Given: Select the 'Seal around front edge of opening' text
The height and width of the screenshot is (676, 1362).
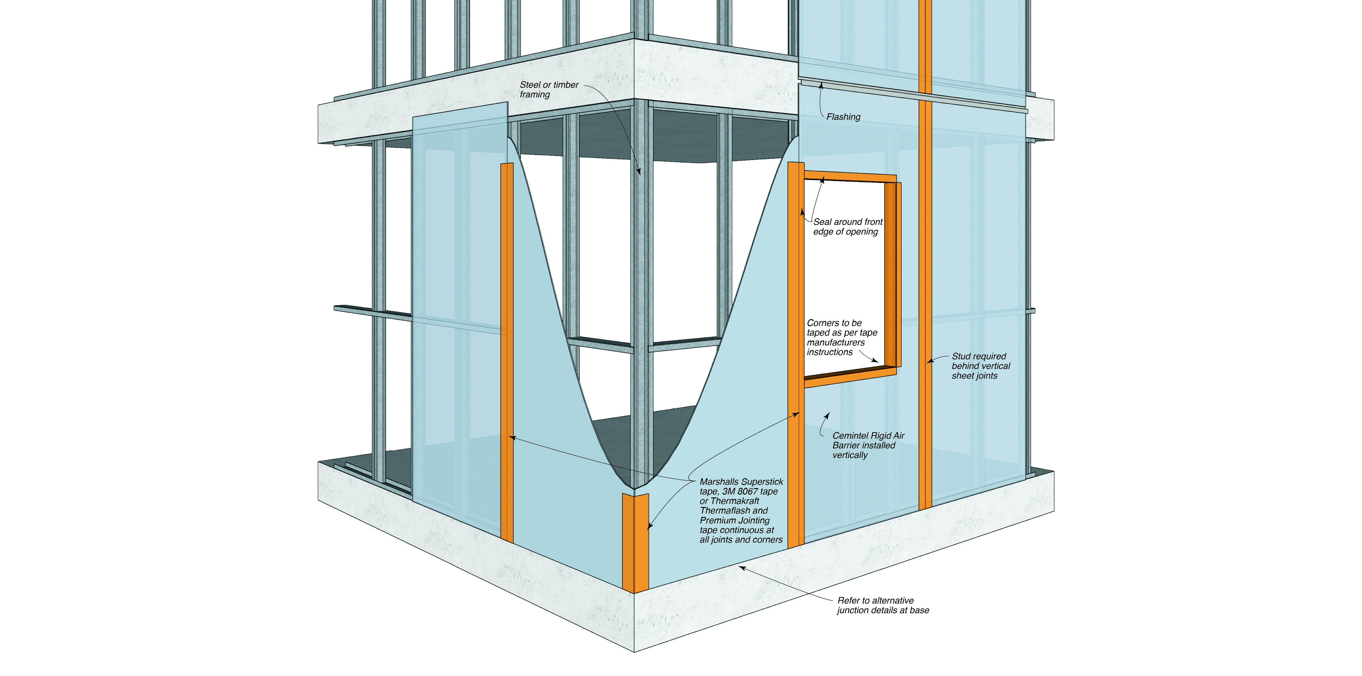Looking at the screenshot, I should coord(847,227).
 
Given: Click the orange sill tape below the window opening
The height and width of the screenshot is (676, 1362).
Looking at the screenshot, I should coord(849,377).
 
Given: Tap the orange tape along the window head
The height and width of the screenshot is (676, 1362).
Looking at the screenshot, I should coord(850,176).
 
